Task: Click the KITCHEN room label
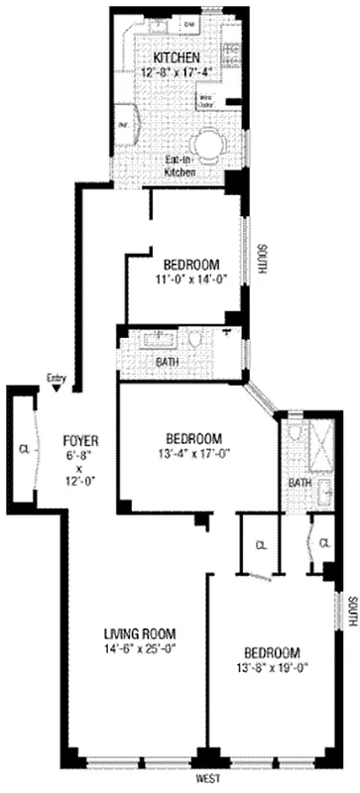[177, 57]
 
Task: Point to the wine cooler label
[209, 99]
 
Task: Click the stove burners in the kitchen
[230, 55]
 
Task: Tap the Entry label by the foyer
[56, 377]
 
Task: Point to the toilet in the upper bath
[194, 340]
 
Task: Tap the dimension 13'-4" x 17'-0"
[191, 456]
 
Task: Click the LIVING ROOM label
[140, 633]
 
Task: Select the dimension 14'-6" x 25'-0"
[140, 650]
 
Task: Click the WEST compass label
[207, 780]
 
